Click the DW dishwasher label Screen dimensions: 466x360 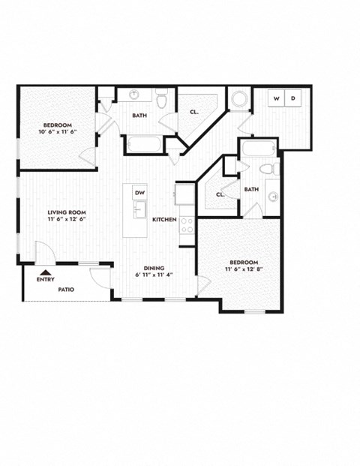click(x=139, y=193)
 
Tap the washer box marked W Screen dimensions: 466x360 click(x=276, y=98)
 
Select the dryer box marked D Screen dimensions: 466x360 click(x=293, y=98)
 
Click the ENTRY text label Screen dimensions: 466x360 click(x=46, y=280)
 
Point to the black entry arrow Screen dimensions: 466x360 click(x=46, y=273)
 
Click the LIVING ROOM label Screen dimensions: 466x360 click(x=64, y=213)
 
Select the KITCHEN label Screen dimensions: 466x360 click(x=163, y=220)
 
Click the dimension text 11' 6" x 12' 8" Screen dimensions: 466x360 click(x=243, y=269)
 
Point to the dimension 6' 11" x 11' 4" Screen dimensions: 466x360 click(x=154, y=275)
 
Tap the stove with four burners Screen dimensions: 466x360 click(x=186, y=224)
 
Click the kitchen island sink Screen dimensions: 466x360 click(x=139, y=209)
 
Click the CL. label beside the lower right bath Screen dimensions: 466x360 click(x=220, y=194)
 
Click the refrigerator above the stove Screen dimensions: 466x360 click(x=184, y=194)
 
